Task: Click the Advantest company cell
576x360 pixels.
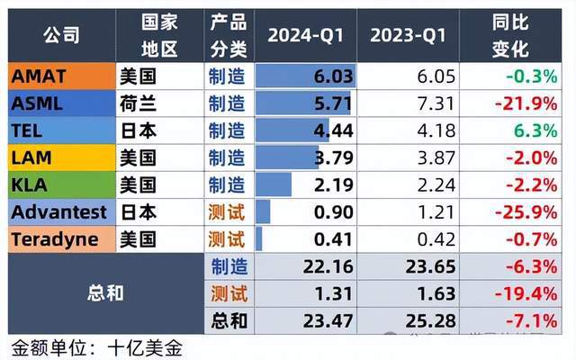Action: coord(58,212)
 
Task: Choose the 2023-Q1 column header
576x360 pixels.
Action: coord(409,37)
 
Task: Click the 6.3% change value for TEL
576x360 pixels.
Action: coord(535,131)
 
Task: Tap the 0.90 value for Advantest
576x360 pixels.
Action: coord(334,212)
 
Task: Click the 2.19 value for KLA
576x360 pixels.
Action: coord(334,185)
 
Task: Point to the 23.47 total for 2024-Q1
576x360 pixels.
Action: coord(329,319)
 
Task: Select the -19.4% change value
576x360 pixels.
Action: coord(526,293)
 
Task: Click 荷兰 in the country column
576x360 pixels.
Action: coord(138,104)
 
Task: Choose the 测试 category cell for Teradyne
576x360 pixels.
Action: coord(226,239)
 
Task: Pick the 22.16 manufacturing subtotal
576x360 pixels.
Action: coord(329,266)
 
